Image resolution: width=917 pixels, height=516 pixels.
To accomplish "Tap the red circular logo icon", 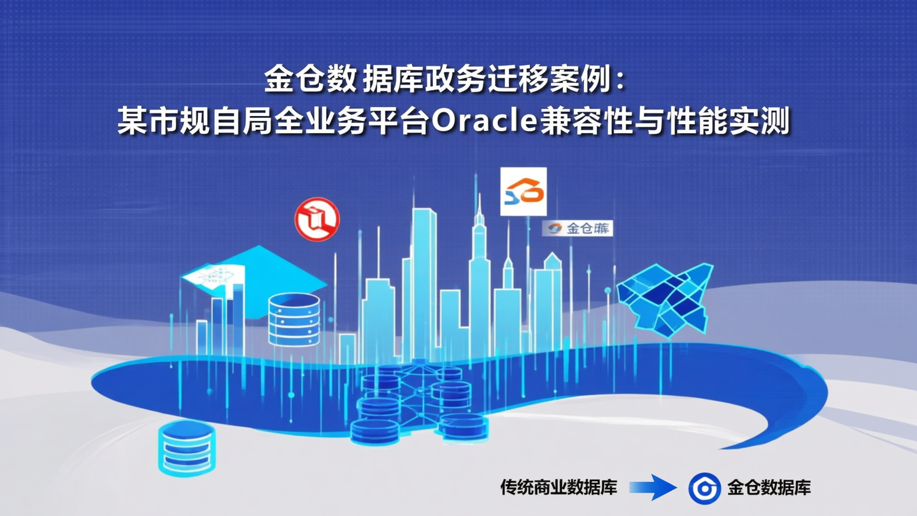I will point(317,219).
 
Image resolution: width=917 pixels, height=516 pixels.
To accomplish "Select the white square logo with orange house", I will point(523,191).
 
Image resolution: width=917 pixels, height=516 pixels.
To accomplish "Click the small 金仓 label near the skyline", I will point(578,228).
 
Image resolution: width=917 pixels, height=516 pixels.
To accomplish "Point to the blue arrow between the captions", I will point(653,487).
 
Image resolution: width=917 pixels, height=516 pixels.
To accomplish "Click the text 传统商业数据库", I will point(558,488).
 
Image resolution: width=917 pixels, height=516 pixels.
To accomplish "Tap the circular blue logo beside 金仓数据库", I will point(704,488).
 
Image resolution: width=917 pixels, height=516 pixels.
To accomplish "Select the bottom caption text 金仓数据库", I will point(769,488).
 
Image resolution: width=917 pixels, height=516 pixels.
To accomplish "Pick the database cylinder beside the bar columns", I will point(294,319).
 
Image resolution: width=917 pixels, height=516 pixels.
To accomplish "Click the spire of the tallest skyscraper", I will point(480,207).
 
